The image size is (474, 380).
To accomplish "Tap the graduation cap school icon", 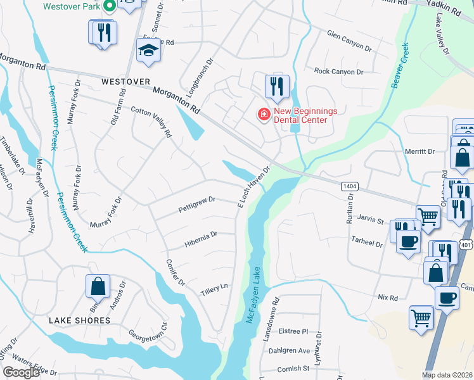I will coord(149,51).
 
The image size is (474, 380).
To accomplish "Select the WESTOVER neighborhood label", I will coord(125,82).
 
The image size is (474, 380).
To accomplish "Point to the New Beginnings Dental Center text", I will coord(300,115).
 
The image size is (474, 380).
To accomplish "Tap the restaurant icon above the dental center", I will coord(276,86).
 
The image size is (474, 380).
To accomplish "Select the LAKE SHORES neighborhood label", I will coord(80,320).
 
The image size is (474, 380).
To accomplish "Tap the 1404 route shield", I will coord(349,186).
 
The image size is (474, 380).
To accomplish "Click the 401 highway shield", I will coord(466,244).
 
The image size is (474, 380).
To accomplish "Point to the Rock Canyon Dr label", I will coord(338,72).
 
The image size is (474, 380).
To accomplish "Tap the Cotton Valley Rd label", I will coord(151,121).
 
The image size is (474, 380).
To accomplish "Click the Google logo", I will coord(21,372).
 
